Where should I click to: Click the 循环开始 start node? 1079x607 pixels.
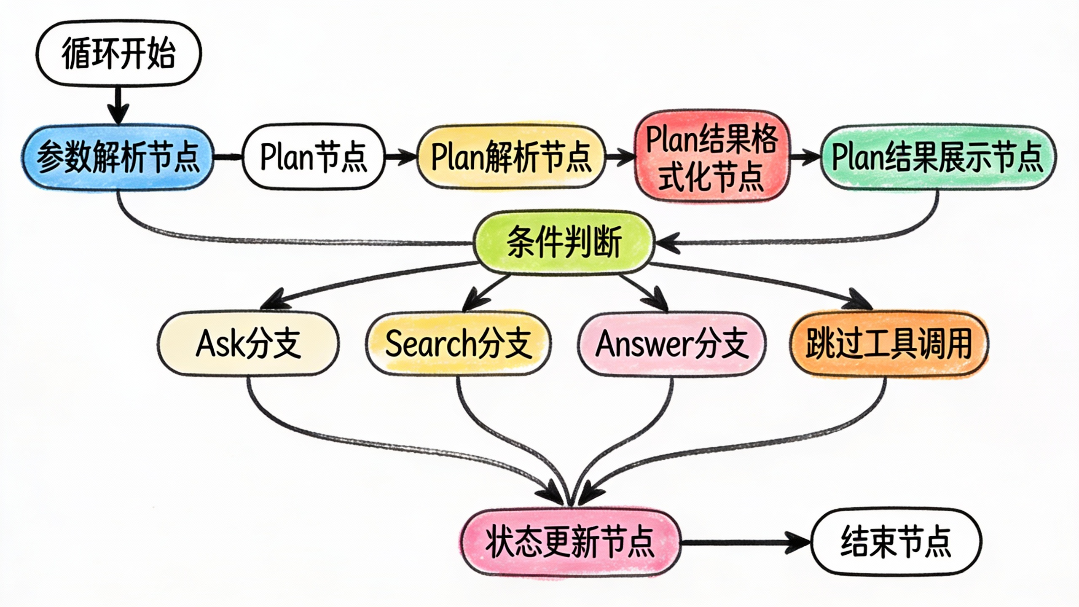(119, 53)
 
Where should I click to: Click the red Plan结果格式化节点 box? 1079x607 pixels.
(711, 156)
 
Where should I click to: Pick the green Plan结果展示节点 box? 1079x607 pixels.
(937, 157)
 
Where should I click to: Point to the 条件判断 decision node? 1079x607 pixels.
(564, 243)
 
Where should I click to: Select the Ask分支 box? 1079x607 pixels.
(249, 343)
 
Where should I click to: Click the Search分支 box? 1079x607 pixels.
(459, 343)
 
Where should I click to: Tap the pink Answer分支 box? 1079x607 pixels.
(672, 344)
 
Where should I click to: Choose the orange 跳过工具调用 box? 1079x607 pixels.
(888, 344)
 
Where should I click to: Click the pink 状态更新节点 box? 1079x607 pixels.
(570, 542)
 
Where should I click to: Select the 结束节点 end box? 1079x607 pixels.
(896, 541)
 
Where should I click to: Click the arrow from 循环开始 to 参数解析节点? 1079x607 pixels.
(118, 105)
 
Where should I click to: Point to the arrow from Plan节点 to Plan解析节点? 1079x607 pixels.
(400, 157)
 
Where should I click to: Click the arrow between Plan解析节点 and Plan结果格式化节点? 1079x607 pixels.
(620, 157)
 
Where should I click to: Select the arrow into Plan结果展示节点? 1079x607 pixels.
(805, 157)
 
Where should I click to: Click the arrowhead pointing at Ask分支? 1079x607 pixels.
(272, 301)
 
